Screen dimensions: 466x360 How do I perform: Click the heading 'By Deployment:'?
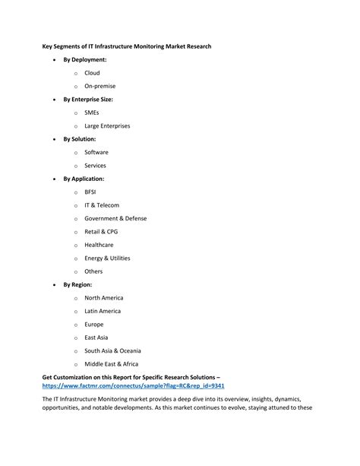[84, 59]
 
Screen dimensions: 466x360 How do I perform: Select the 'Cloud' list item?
[92, 73]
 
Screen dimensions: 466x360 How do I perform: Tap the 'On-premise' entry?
[100, 86]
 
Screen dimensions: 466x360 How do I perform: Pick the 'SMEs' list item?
[93, 113]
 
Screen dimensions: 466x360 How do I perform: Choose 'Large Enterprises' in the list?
[108, 125]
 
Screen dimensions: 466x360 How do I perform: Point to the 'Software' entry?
[96, 152]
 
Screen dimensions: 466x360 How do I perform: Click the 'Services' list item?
[95, 165]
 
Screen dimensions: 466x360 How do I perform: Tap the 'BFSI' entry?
[91, 192]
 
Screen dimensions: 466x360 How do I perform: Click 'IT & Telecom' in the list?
[102, 205]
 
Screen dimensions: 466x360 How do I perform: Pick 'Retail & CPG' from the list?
[102, 231]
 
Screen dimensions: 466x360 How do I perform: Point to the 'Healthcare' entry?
[99, 245]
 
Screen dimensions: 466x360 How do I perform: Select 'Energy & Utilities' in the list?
[107, 258]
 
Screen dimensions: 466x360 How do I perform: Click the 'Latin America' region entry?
[103, 311]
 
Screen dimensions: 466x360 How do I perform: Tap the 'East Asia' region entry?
[96, 337]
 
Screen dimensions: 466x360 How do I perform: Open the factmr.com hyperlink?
[133, 385]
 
